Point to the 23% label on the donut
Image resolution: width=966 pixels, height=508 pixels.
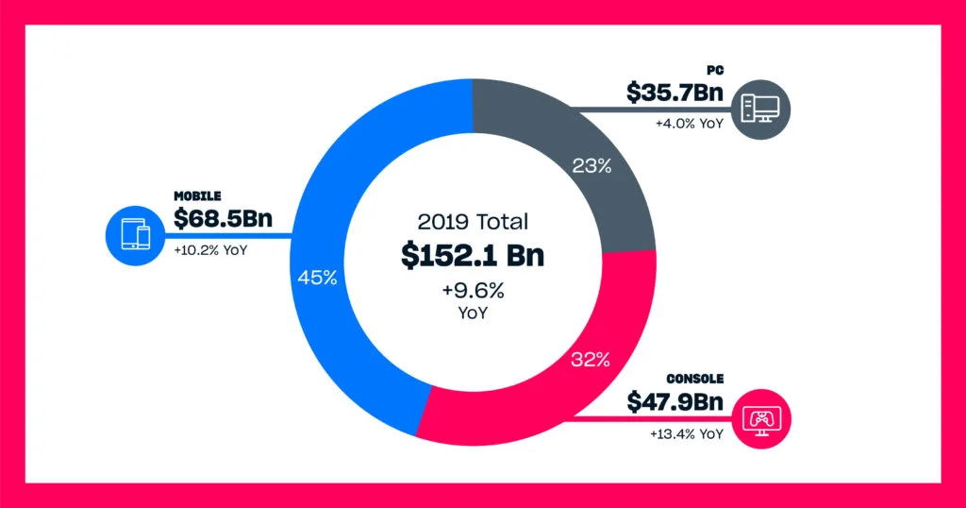click(x=591, y=166)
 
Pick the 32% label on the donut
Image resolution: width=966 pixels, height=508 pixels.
click(x=591, y=359)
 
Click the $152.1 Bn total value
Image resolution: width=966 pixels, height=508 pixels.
click(x=473, y=255)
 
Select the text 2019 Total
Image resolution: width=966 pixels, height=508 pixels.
click(x=473, y=223)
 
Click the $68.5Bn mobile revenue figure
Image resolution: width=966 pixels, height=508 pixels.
click(x=223, y=219)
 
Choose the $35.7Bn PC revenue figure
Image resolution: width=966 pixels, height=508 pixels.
click(x=675, y=93)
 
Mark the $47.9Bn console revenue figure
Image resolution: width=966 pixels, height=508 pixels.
click(x=675, y=402)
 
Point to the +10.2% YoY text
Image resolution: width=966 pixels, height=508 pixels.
click(x=210, y=251)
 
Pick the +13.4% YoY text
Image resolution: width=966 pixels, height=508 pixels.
click(x=686, y=434)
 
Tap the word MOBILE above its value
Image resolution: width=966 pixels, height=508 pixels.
click(x=197, y=195)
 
